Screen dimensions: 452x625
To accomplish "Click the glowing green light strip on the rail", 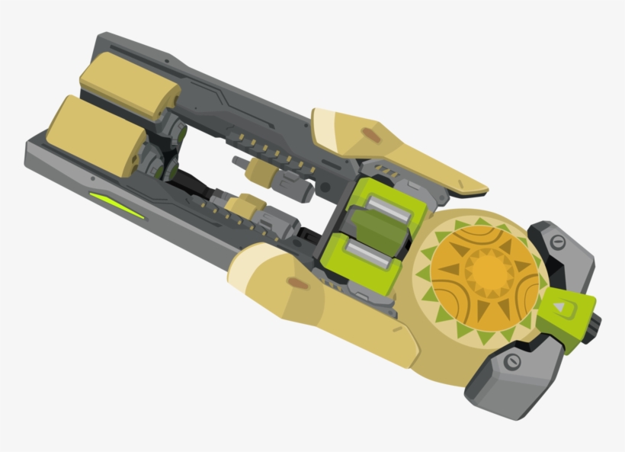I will (117, 205).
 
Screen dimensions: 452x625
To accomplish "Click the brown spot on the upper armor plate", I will (371, 134).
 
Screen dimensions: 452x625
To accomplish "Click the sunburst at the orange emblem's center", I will (486, 271).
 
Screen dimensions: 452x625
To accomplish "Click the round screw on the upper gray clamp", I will (556, 242).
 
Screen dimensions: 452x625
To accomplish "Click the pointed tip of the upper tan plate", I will (482, 188).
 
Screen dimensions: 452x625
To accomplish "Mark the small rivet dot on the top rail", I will (143, 56).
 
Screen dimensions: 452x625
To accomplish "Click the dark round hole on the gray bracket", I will (325, 187).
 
